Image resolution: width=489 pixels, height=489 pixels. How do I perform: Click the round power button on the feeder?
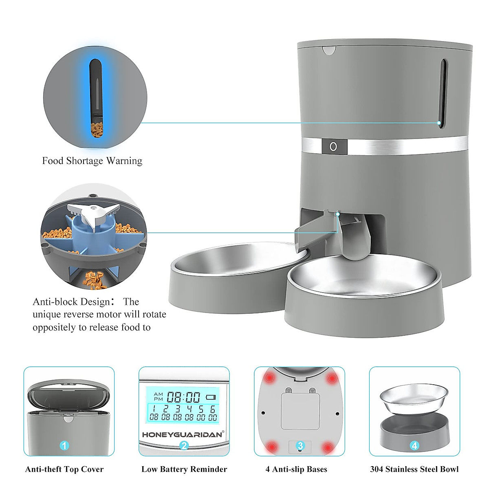pos(333,146)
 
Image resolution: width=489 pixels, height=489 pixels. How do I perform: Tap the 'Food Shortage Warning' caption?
pos(92,161)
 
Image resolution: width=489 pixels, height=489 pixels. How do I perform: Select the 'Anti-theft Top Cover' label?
pos(64,469)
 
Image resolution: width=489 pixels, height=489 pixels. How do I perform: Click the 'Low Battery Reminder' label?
pos(184,469)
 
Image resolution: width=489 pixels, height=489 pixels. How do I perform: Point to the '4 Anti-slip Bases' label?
pos(296,469)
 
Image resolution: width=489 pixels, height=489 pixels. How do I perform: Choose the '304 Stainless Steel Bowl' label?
pos(414,469)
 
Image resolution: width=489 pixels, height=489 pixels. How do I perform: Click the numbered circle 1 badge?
pos(64,445)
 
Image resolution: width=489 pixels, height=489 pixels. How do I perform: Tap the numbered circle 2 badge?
pos(184,445)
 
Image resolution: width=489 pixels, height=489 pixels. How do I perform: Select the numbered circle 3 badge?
pos(300,445)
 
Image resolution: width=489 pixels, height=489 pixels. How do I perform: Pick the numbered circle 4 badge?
pos(414,445)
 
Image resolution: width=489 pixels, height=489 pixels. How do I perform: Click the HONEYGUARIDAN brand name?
pos(182,434)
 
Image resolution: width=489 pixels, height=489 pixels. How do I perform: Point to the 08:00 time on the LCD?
pos(183,397)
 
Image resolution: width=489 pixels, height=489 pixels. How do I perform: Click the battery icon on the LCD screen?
pos(211,397)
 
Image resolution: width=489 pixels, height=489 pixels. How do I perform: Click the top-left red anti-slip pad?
pos(269,378)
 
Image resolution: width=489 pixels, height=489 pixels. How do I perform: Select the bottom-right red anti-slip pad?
pos(327,448)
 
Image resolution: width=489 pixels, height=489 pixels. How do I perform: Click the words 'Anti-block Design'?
pos(71,302)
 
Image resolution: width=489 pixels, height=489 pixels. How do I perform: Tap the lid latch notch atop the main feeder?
pos(329,51)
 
